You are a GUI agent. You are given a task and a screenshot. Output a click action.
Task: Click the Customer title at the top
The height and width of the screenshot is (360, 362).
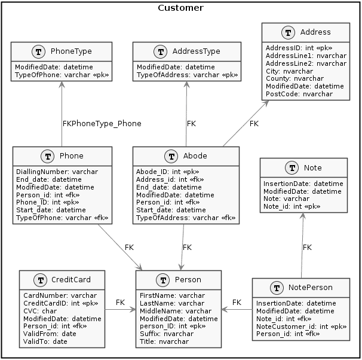[180, 8]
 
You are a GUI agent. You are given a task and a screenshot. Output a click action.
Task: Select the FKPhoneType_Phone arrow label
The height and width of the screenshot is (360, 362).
[102, 124]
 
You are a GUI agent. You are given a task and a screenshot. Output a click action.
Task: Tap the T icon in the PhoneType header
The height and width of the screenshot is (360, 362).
[38, 51]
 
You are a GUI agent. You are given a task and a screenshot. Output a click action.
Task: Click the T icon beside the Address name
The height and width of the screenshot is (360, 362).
[288, 32]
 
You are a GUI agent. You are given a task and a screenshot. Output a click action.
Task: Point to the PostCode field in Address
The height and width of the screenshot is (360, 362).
[299, 94]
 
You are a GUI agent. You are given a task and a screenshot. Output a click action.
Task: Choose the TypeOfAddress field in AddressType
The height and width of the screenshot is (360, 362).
[187, 75]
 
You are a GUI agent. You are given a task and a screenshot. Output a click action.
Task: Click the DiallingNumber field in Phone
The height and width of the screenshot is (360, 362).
[57, 172]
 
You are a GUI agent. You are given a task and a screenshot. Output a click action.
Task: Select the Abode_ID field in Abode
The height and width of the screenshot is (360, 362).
[168, 172]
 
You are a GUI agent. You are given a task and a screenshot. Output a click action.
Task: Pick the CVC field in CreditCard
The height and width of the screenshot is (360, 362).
[40, 311]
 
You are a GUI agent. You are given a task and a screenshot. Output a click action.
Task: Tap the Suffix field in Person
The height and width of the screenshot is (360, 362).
[167, 334]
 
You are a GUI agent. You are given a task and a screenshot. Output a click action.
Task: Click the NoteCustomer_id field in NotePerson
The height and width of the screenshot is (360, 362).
[301, 327]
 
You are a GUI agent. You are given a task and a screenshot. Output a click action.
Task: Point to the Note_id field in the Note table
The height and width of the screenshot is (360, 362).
[292, 206]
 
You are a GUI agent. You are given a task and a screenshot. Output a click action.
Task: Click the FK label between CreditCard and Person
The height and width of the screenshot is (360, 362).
[120, 303]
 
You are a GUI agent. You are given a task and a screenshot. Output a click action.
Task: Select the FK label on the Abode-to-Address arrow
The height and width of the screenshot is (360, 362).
[254, 124]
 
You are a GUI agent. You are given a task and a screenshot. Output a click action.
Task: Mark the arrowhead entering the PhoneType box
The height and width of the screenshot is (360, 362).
[62, 84]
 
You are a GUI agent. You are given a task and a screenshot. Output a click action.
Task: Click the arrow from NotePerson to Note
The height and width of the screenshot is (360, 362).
[302, 245]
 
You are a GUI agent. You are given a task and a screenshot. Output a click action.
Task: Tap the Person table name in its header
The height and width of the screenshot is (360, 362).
[188, 280]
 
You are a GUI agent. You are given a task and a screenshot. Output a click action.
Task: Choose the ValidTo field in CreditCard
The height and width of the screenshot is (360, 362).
[45, 341]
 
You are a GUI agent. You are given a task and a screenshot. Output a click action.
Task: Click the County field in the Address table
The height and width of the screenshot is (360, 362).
[294, 78]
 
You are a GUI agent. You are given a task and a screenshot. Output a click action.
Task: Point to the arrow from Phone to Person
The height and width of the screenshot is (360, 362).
[120, 247]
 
